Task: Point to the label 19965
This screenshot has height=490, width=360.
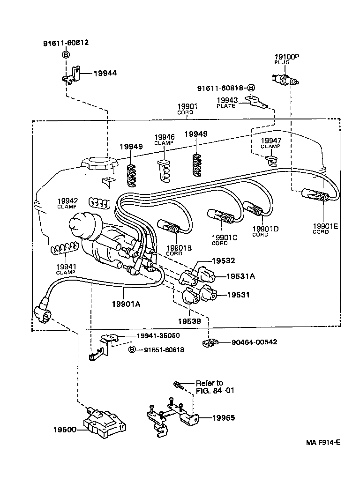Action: pos(223,418)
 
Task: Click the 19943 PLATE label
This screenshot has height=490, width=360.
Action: pos(227,103)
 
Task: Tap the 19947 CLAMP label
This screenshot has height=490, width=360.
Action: pos(270,143)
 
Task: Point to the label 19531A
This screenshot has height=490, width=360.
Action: pos(241,276)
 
